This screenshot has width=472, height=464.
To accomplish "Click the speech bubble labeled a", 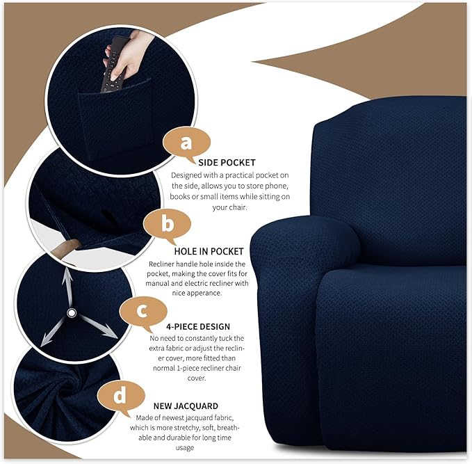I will (185, 143).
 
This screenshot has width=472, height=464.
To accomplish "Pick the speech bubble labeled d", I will (120, 397).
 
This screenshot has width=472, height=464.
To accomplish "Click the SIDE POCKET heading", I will (227, 163).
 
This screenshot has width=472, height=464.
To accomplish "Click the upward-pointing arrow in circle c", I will (69, 286).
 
